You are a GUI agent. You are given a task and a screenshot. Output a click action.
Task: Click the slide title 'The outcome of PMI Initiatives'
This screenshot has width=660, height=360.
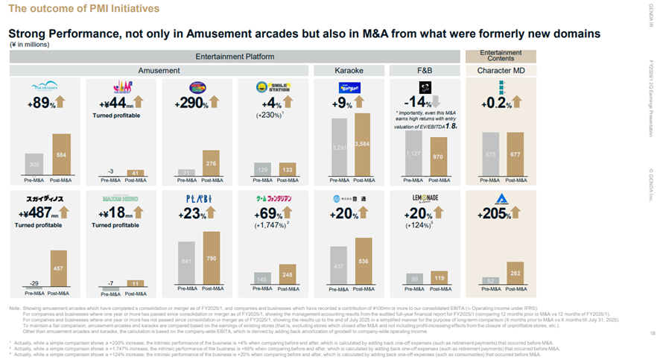pos(84,9)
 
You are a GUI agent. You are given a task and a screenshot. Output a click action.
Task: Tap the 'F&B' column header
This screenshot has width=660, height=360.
pos(425,70)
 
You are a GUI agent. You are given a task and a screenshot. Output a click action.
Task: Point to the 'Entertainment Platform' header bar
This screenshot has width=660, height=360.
pos(235,56)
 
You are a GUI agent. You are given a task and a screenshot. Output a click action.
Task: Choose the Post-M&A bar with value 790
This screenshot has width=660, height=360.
pos(212,259)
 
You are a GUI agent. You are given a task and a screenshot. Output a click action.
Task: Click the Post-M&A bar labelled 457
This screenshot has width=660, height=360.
pos(57,268)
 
